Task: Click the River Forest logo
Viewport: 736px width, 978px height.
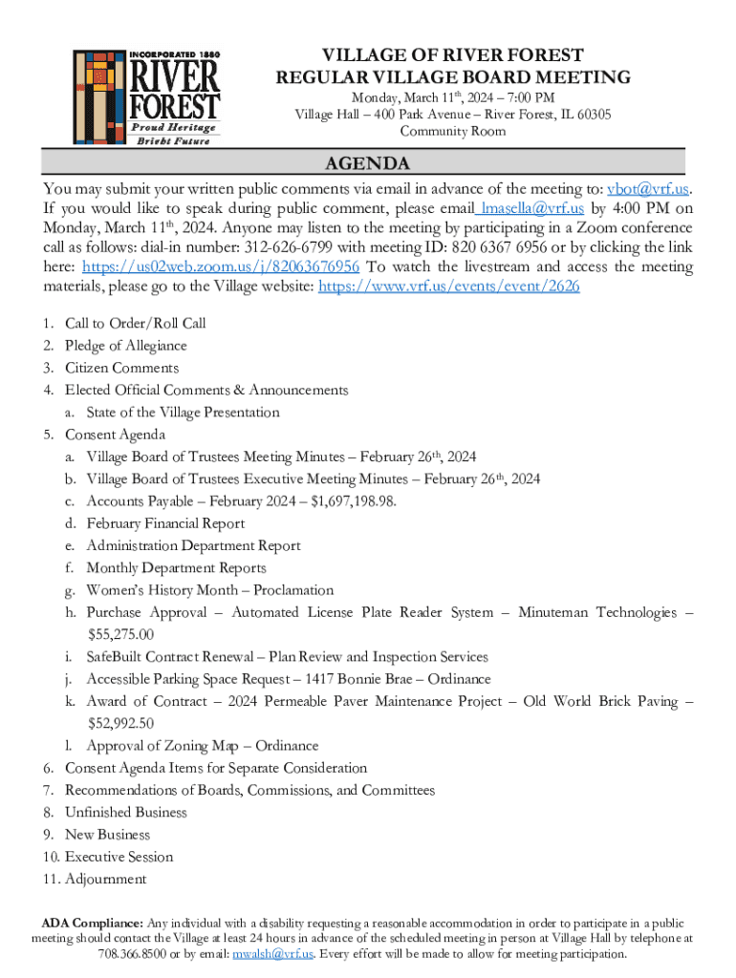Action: click(x=146, y=96)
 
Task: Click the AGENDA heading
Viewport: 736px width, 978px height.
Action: click(x=367, y=163)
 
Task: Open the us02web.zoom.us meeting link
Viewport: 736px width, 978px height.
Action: click(x=221, y=266)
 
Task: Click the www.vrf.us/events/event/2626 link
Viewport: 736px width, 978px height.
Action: click(x=448, y=287)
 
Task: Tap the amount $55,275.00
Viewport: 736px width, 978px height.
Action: click(x=119, y=634)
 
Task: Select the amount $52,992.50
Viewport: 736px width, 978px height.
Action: click(x=119, y=723)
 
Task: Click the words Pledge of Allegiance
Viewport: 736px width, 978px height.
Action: click(x=126, y=346)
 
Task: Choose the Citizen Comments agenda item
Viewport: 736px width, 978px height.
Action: click(x=121, y=368)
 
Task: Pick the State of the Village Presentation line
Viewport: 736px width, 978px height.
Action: click(x=183, y=413)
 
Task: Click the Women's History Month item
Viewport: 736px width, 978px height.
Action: click(x=209, y=590)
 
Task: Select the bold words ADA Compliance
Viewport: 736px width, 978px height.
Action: click(x=91, y=923)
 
